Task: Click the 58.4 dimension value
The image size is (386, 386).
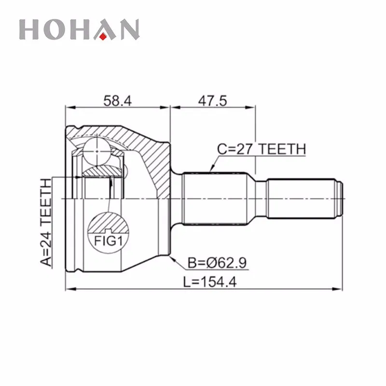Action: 117,100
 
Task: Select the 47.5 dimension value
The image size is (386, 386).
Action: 212,100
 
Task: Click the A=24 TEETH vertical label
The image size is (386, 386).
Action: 45,222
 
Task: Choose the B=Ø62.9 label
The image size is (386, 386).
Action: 217,262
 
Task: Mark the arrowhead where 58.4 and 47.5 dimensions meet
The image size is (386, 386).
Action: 170,108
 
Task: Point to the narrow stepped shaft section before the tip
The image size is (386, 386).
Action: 299,199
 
